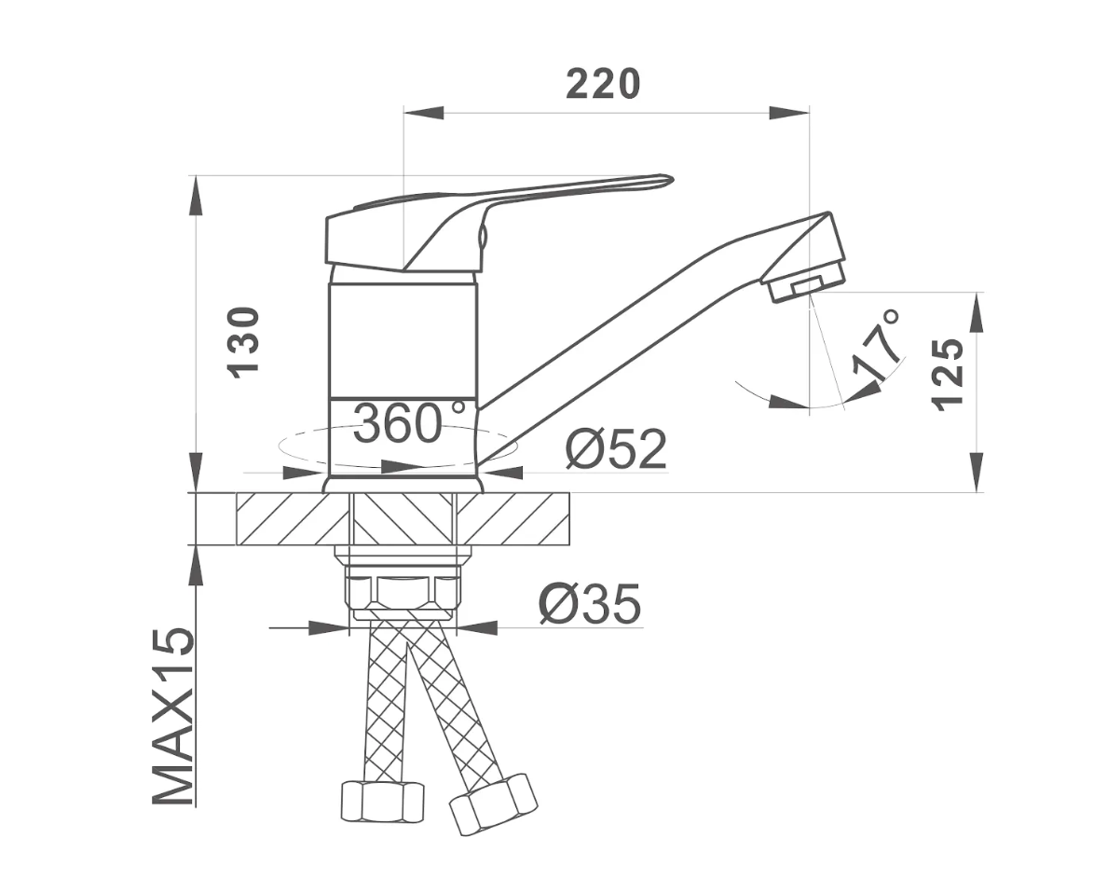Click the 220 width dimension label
[x=603, y=83]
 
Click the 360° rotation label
[x=409, y=423]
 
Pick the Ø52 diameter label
[x=616, y=449]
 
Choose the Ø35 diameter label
[x=590, y=604]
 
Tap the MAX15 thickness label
[x=173, y=716]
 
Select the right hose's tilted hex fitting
[x=493, y=804]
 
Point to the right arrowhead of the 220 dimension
[x=788, y=113]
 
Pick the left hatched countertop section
[x=293, y=519]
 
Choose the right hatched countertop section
[x=512, y=519]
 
